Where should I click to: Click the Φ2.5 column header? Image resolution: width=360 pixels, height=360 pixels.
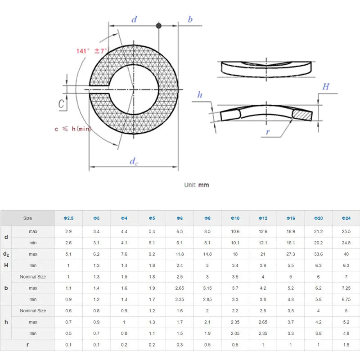tap(68, 218)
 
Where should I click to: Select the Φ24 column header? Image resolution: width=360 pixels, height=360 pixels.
tap(345, 218)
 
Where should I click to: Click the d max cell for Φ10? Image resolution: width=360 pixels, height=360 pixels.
tap(234, 232)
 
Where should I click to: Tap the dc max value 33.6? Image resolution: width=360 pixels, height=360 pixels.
tap(318, 254)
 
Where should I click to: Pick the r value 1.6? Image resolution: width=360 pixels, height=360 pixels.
tap(345, 345)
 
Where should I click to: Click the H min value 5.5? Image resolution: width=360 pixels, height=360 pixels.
tap(290, 265)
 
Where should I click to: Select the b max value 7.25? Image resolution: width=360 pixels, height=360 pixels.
tap(345, 288)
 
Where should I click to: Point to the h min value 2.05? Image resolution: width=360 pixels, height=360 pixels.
tap(234, 333)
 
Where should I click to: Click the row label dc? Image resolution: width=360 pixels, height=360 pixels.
tap(6, 254)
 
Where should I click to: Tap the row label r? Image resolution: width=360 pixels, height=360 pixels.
tap(6, 345)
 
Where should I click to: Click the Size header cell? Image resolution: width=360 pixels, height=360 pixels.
tap(27, 218)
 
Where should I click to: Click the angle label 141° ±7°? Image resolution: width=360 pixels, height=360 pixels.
tap(92, 51)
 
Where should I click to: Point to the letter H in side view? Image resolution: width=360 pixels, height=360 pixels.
tap(325, 86)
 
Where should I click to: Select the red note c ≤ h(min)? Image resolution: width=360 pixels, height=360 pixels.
tap(72, 129)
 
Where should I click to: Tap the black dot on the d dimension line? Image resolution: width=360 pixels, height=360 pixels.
tap(158, 26)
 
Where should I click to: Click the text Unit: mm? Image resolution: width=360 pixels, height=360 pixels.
tap(196, 185)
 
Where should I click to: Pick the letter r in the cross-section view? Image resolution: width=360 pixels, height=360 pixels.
tap(268, 132)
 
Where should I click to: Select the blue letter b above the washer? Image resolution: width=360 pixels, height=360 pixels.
tap(190, 19)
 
